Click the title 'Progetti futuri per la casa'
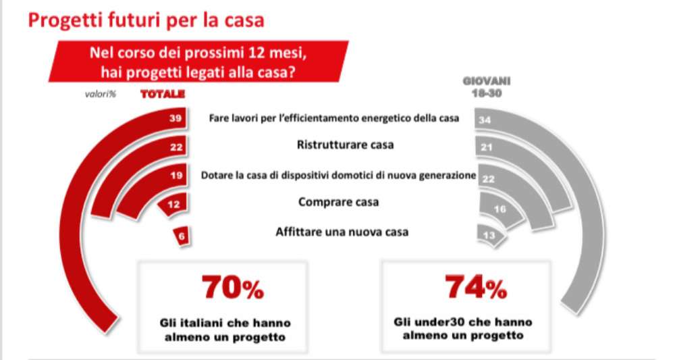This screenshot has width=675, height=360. (145, 20)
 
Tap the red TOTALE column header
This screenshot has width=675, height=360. (162, 95)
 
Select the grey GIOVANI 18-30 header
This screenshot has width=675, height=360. (486, 87)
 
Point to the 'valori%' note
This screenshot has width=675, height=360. (101, 95)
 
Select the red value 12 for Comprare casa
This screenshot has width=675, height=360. (173, 205)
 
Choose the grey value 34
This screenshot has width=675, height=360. (483, 120)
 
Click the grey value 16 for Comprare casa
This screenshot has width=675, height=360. (500, 209)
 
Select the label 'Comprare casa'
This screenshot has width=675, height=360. (338, 201)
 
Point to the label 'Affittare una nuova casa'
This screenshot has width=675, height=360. (342, 232)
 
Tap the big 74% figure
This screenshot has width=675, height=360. (475, 288)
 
